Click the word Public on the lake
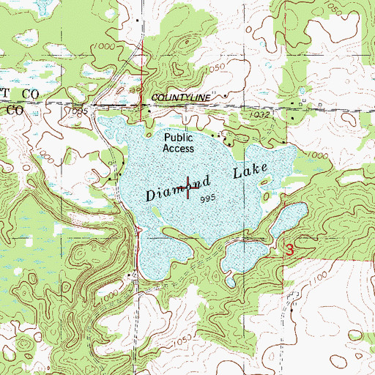(x=179, y=137)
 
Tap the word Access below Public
(x=179, y=148)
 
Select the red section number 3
(x=290, y=250)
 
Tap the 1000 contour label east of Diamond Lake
(x=317, y=155)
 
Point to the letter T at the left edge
(x=4, y=95)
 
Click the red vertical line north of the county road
(x=141, y=81)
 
